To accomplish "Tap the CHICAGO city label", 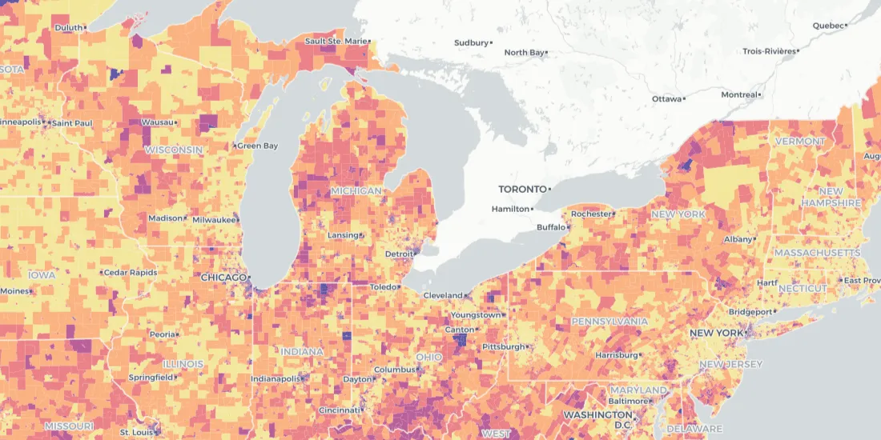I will (223, 278).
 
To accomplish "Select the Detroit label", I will (399, 254).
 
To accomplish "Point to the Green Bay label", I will (259, 146).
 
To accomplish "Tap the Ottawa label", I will (666, 98).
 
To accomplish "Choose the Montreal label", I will (738, 94).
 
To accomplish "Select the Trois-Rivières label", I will (768, 51).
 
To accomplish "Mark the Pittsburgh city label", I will (503, 346).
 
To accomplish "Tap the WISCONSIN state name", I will (173, 150).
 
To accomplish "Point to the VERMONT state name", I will (799, 142).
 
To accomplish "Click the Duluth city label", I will (68, 28).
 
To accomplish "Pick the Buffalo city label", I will (550, 227).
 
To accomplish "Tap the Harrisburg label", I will (615, 354).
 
